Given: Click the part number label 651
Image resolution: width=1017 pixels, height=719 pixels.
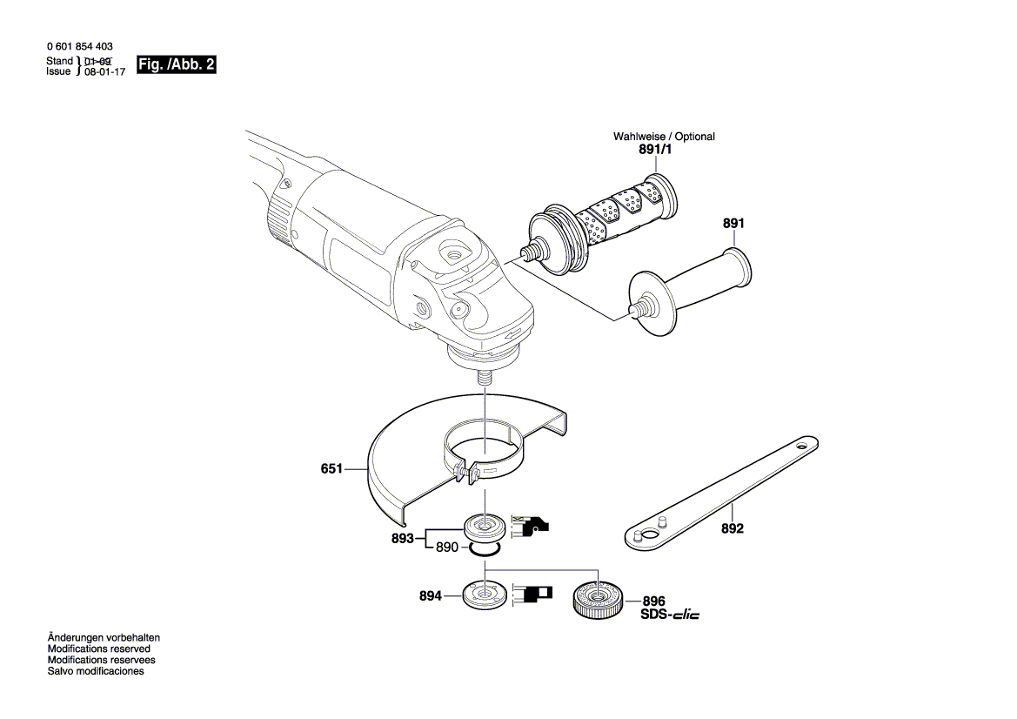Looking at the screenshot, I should (331, 469).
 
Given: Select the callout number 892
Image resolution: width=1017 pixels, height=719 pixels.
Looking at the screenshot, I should (733, 528).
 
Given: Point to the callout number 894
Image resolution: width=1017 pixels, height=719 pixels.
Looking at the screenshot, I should (431, 596).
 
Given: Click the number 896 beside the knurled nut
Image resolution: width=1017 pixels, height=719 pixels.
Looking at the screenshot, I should (653, 601).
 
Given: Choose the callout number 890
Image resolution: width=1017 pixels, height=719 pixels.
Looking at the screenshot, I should (446, 548).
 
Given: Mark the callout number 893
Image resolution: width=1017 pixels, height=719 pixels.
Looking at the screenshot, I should (402, 539).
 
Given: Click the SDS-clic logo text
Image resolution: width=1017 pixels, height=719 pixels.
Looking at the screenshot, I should (670, 615).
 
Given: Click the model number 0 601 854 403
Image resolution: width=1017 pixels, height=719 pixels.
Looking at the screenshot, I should (79, 46).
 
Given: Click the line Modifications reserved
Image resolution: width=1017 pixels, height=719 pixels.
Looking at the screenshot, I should (98, 648).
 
